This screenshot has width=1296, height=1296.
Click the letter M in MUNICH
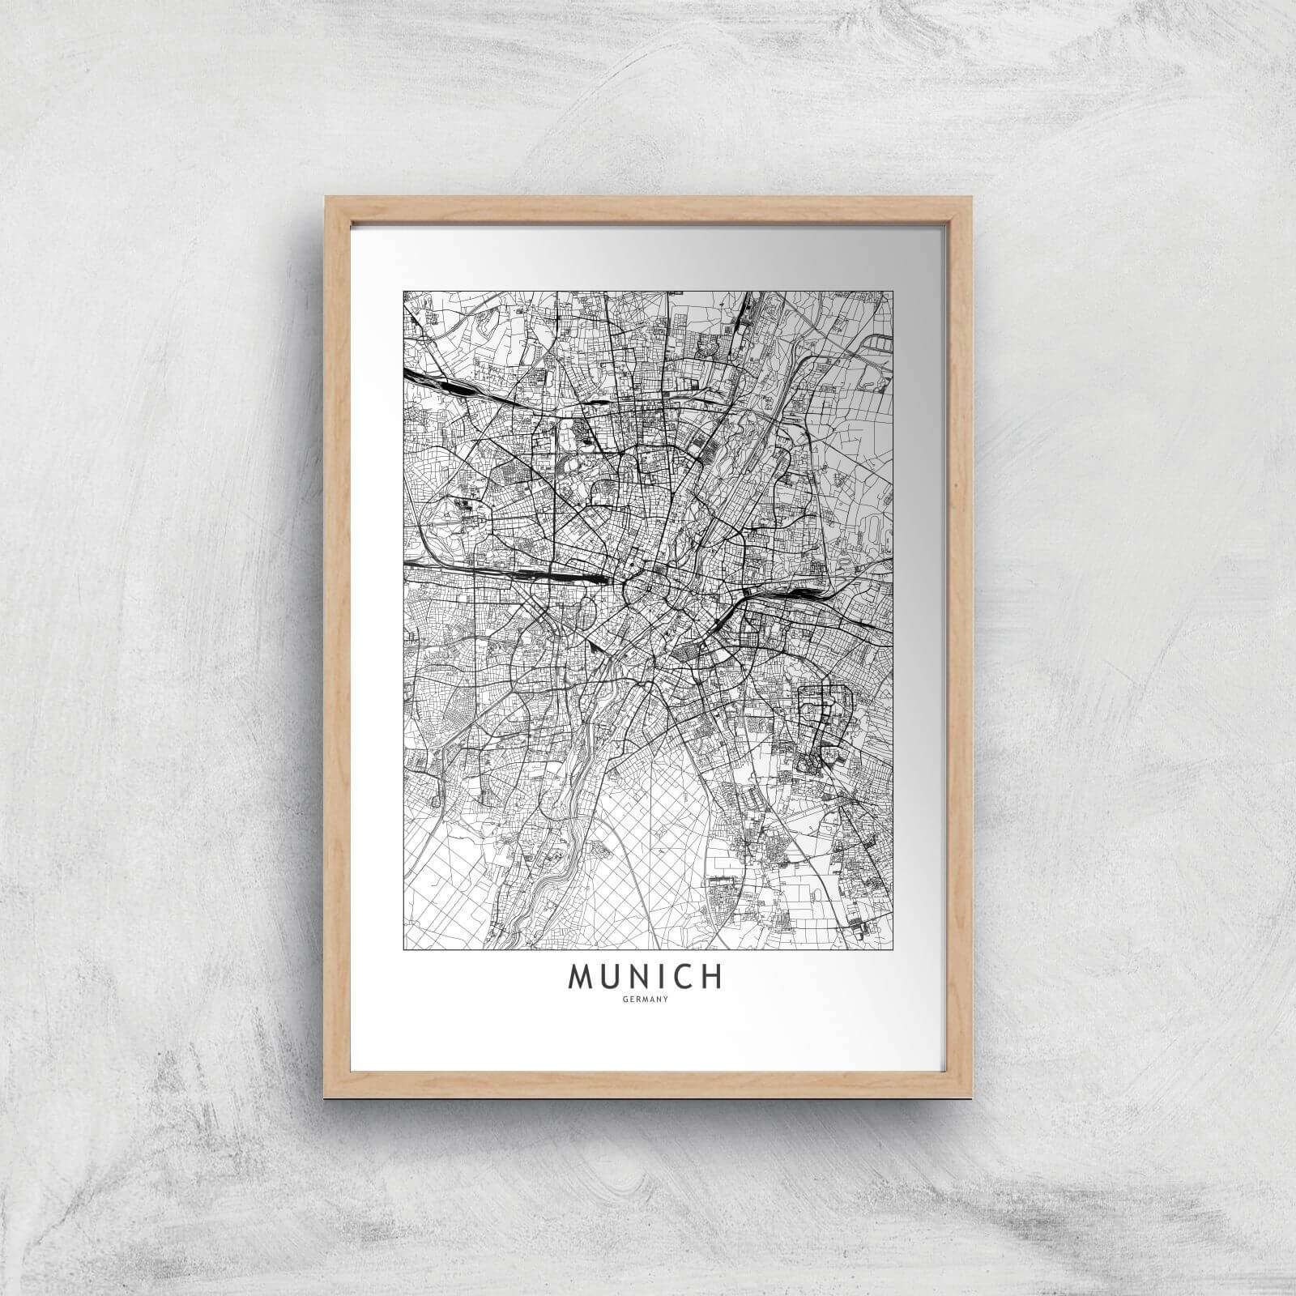583,978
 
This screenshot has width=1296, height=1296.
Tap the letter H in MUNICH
710,978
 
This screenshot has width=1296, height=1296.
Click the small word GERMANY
646,1000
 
